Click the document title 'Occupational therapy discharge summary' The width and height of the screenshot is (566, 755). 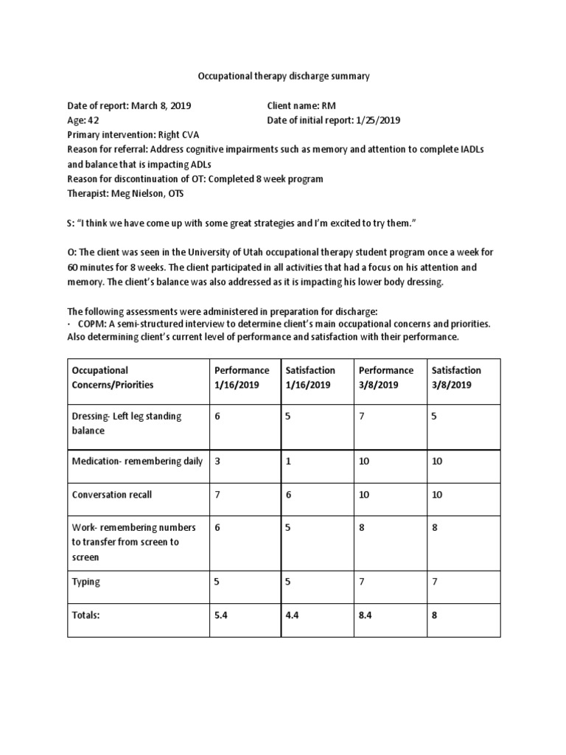[x=284, y=76]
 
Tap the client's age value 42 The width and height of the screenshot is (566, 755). [x=94, y=121]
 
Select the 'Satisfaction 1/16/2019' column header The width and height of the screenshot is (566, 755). [x=310, y=377]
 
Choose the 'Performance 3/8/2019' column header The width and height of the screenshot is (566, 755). [x=385, y=377]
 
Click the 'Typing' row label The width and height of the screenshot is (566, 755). [x=86, y=582]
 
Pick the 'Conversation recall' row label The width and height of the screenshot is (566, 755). [x=112, y=495]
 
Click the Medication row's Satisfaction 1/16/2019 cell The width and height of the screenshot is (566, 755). [x=289, y=461]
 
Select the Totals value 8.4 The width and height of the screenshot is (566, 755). [x=366, y=615]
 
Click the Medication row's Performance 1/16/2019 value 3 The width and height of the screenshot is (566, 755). [x=217, y=461]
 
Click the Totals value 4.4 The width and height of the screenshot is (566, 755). [x=293, y=615]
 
